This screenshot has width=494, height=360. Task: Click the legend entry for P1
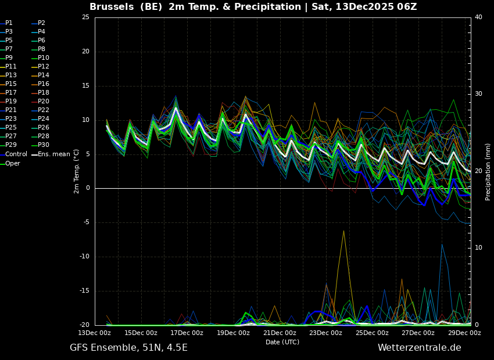[9, 23]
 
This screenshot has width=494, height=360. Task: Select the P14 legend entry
[44, 75]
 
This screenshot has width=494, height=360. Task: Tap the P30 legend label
[44, 145]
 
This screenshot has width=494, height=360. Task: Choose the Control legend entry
[16, 154]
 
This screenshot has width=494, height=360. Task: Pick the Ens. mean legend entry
[53, 154]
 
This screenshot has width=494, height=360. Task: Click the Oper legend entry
[13, 164]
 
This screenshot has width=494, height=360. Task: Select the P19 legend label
[11, 102]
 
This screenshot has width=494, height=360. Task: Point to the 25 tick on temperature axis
[85, 17]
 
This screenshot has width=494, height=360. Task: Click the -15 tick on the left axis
[84, 291]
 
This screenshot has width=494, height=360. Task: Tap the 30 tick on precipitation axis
[478, 94]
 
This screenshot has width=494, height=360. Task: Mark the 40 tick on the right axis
[478, 17]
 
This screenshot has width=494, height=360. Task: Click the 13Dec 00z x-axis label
[95, 333]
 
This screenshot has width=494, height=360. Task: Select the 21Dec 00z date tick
[280, 333]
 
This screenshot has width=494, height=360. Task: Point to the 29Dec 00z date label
[464, 333]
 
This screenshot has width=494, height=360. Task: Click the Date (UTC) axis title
[282, 342]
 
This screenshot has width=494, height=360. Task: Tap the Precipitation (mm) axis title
[488, 171]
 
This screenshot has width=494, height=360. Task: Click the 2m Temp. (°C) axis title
[77, 171]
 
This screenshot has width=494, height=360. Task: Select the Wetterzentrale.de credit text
[419, 348]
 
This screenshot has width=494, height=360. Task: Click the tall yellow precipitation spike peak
[343, 231]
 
